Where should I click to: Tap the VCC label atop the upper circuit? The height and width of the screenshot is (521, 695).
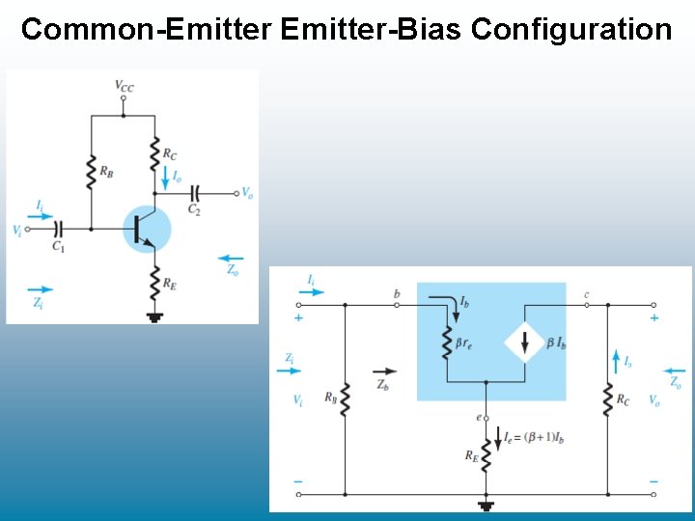click(125, 87)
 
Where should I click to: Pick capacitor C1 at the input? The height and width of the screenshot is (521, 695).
click(59, 230)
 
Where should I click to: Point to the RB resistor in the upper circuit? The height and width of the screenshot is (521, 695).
click(91, 170)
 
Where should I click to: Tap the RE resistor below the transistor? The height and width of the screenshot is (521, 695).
click(154, 282)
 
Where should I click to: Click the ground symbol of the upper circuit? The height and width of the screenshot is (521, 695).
click(154, 315)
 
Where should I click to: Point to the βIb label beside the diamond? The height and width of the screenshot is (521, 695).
click(556, 342)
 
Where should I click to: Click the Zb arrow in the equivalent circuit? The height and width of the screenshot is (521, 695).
click(383, 370)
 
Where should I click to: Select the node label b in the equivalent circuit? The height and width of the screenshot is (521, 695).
click(397, 293)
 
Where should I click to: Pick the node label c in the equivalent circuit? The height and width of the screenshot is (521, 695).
click(587, 293)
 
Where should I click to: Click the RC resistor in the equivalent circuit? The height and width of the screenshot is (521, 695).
click(608, 399)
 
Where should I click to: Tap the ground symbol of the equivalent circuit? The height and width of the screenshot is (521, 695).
click(486, 504)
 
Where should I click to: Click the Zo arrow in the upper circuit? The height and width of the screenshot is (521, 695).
click(231, 259)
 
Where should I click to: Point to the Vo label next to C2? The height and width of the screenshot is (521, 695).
click(248, 193)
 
